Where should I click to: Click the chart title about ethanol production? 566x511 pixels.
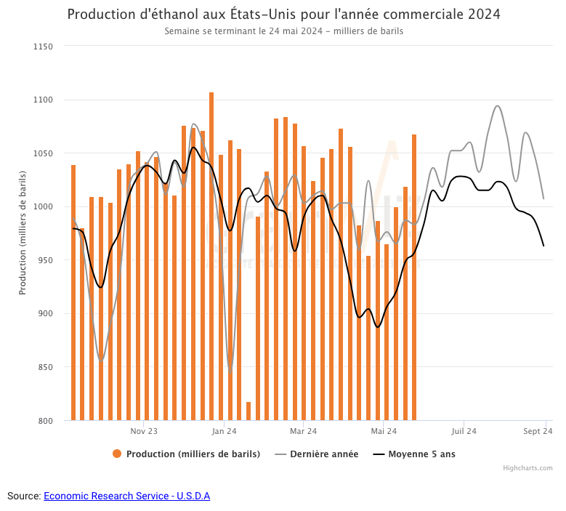point(283,15)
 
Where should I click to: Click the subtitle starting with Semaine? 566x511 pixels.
point(283,31)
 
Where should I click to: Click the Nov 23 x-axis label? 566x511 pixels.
point(144,431)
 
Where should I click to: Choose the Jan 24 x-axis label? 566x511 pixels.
point(224,431)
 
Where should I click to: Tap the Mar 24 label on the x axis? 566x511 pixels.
point(304,431)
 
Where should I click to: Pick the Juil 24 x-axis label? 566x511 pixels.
point(464,431)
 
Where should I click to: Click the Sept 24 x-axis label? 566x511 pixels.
point(538,431)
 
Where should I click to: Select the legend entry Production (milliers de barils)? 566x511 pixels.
point(193,454)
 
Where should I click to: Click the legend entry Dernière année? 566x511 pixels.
point(324,454)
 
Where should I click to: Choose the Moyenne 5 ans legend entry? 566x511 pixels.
point(421,454)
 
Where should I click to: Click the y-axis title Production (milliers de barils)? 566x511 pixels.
point(23,233)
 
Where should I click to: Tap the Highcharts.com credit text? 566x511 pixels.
point(527,468)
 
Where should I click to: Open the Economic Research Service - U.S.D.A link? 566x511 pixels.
point(126,496)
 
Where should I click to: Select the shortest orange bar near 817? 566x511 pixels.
point(248,411)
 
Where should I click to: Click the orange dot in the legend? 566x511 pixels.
point(117,454)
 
